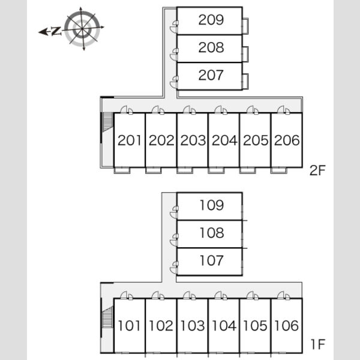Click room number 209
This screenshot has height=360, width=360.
[x=211, y=20]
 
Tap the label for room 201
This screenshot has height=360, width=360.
[x=129, y=140]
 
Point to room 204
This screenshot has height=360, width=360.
[x=224, y=140]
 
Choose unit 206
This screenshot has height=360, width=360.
[x=287, y=140]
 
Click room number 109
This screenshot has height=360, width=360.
[x=211, y=205]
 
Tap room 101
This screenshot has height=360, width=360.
[x=129, y=326]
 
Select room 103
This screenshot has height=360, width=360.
[x=193, y=326]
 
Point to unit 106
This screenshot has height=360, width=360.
[x=287, y=326]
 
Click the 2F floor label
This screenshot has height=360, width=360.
[x=317, y=170]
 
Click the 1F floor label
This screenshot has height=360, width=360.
[x=318, y=344]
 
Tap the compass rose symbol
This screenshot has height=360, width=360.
[x=82, y=29]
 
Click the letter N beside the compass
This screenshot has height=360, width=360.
[x=56, y=31]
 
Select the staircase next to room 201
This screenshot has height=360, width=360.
[x=107, y=122]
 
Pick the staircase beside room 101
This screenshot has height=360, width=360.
[x=107, y=317]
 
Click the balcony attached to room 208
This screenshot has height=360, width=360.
[x=245, y=54]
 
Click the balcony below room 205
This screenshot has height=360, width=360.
[x=247, y=170]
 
